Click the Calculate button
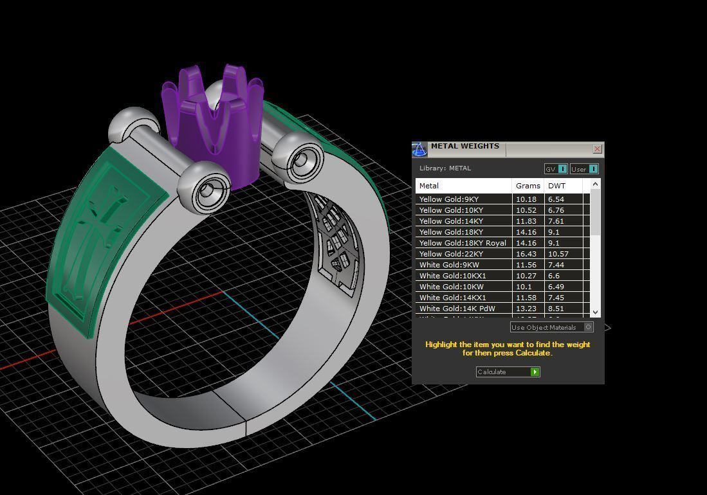(508, 372)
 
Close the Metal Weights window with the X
(597, 149)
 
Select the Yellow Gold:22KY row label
(451, 254)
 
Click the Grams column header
(528, 186)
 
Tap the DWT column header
(557, 186)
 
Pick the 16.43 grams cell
(526, 254)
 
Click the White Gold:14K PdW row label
(457, 309)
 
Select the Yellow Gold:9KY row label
(449, 199)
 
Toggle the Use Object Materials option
(588, 327)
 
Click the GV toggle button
(556, 169)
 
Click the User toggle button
(584, 169)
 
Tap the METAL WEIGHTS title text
(464, 146)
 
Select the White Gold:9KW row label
(449, 265)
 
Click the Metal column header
(429, 186)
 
